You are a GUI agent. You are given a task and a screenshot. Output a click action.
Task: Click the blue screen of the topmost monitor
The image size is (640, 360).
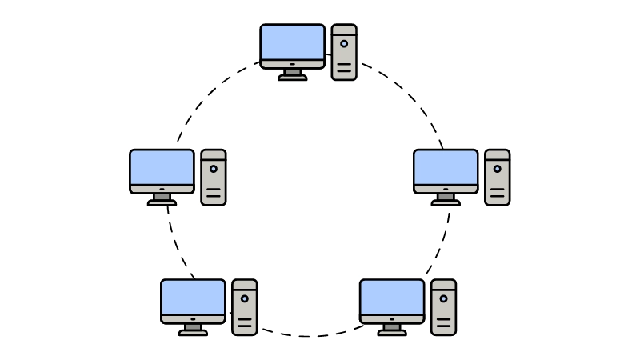(x=292, y=42)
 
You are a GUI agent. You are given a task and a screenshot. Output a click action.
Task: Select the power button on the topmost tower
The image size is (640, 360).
(x=344, y=43)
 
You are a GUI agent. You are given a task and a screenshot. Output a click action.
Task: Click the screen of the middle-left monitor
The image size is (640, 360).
(x=162, y=167)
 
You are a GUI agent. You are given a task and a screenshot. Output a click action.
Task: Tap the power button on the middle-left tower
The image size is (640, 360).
(x=214, y=169)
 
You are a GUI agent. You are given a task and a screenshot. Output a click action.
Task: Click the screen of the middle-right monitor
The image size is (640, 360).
(x=446, y=167)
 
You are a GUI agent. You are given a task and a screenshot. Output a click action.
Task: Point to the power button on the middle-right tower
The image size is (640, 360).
(x=497, y=169)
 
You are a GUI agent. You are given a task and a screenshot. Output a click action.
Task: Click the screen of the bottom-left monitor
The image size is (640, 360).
(x=193, y=297)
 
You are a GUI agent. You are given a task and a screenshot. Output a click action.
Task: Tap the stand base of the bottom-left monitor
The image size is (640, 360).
(x=193, y=332)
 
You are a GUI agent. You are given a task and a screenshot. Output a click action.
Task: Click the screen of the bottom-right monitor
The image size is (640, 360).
(x=392, y=297)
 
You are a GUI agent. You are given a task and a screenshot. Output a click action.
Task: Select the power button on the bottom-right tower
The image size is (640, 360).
(x=443, y=298)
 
